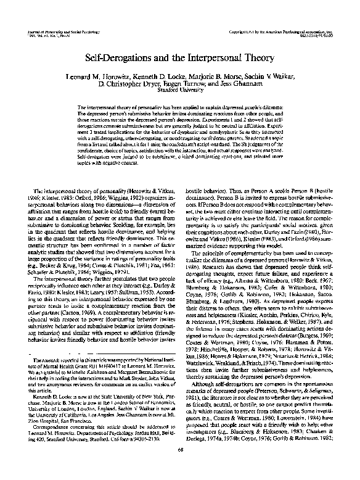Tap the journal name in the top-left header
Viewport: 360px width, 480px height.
click(56, 30)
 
